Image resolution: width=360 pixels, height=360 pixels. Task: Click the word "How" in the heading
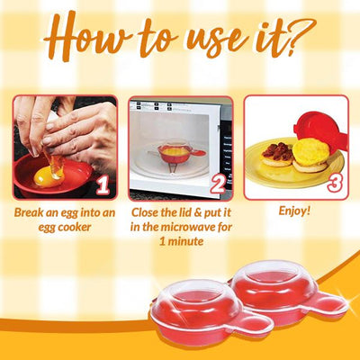pyautogui.click(x=85, y=37)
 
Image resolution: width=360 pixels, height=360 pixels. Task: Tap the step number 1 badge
pyautogui.click(x=103, y=185)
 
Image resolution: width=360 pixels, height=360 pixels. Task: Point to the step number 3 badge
pyautogui.click(x=334, y=183)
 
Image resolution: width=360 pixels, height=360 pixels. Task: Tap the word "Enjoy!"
pyautogui.click(x=294, y=211)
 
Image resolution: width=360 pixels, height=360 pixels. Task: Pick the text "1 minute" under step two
pyautogui.click(x=181, y=241)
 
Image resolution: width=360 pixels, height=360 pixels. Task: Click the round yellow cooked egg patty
pyautogui.click(x=310, y=152)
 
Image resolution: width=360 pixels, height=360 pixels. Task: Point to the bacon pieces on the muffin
pyautogui.click(x=277, y=151)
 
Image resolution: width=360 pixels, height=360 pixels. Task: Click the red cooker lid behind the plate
pyautogui.click(x=319, y=129)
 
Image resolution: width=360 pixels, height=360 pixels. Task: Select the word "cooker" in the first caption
pyautogui.click(x=74, y=227)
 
